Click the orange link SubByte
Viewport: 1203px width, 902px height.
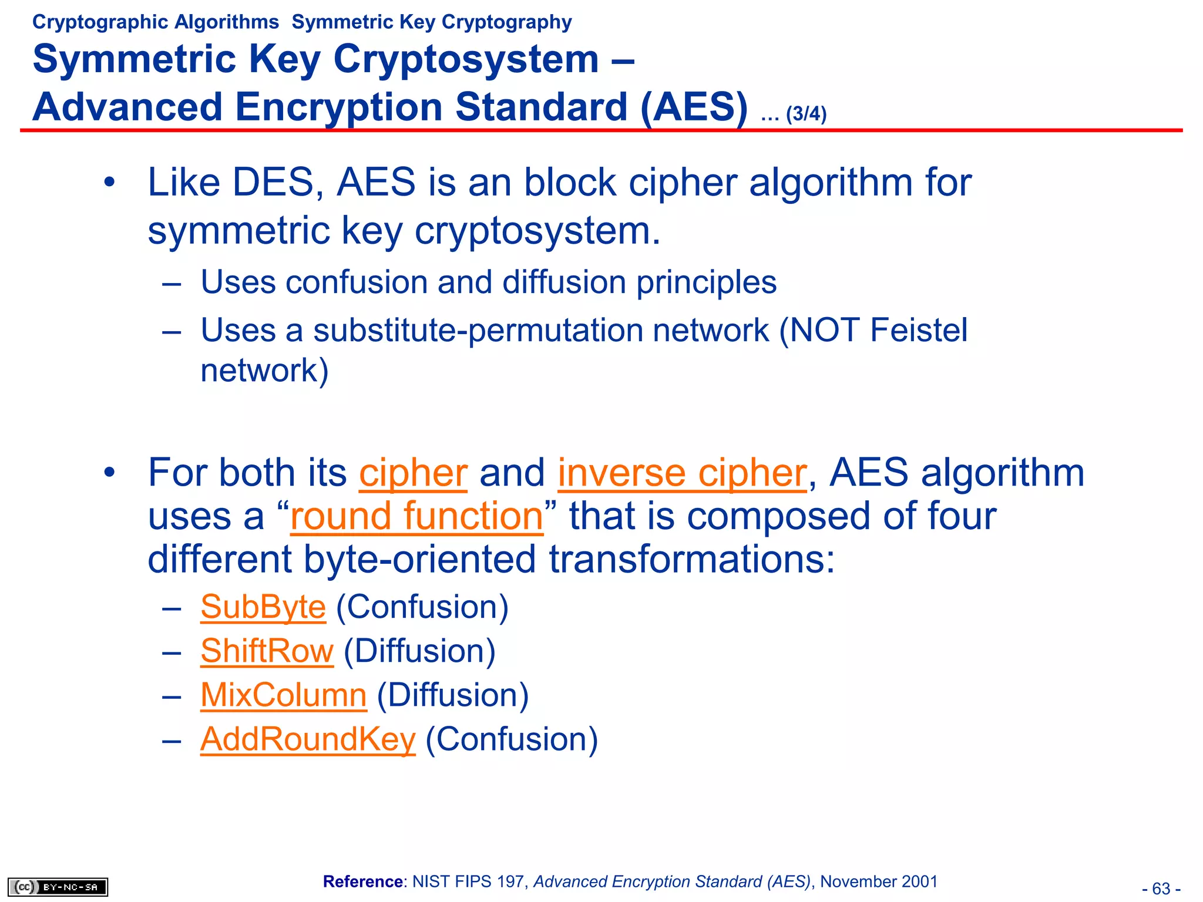pyautogui.click(x=263, y=607)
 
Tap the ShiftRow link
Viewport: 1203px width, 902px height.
pyautogui.click(x=267, y=651)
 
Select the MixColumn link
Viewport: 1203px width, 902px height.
pyautogui.click(x=283, y=695)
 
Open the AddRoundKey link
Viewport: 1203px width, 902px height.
pyautogui.click(x=308, y=739)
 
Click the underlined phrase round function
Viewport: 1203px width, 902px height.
pyautogui.click(x=416, y=516)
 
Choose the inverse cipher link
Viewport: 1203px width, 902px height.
pyautogui.click(x=682, y=473)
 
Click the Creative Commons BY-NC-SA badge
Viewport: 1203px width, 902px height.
pyautogui.click(x=58, y=887)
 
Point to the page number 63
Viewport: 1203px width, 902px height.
pyautogui.click(x=1161, y=888)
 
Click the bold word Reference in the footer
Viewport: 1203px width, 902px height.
pyautogui.click(x=362, y=881)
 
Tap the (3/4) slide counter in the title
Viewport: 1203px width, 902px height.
pyautogui.click(x=806, y=113)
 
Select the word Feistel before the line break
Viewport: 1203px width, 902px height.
pyautogui.click(x=919, y=330)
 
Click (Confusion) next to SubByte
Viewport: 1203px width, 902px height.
pyautogui.click(x=422, y=607)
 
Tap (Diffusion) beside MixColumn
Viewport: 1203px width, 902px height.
pyautogui.click(x=452, y=695)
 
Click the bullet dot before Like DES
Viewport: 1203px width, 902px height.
pyautogui.click(x=109, y=183)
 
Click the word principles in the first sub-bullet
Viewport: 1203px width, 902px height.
pyautogui.click(x=706, y=282)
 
